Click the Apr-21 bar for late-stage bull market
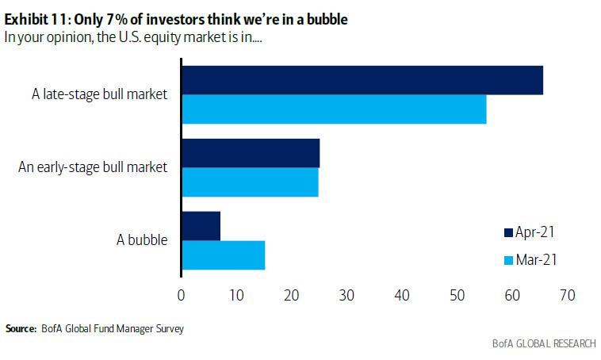(x=362, y=80)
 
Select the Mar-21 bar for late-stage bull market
(x=334, y=109)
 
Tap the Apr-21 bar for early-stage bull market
(x=251, y=153)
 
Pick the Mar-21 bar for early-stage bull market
(x=250, y=182)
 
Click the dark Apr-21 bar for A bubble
(x=201, y=226)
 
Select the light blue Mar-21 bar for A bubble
(x=224, y=255)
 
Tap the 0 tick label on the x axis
(x=182, y=295)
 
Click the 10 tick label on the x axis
(x=236, y=295)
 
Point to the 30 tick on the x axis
(x=346, y=295)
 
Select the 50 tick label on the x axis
(x=457, y=295)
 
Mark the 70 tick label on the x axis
(x=566, y=295)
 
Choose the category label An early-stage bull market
(x=93, y=167)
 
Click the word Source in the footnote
(x=21, y=328)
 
